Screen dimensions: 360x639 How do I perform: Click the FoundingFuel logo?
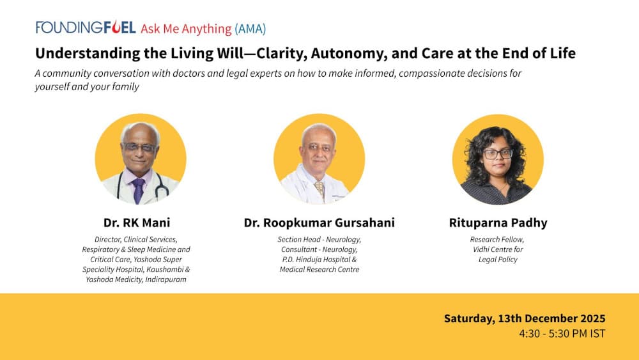pos(85,28)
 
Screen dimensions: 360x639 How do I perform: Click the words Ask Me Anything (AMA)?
pos(203,29)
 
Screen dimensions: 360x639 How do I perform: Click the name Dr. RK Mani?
pos(137,223)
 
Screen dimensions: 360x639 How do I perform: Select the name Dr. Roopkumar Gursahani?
pos(319,223)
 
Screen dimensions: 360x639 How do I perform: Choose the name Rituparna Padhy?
pos(498,223)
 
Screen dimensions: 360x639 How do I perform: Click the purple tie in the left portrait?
pos(139,190)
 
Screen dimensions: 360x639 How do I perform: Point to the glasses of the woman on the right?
pos(498,153)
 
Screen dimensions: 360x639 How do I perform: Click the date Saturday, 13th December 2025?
pos(524,318)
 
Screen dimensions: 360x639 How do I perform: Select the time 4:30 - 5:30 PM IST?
pos(562,334)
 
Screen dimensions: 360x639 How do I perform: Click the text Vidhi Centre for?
pos(498,249)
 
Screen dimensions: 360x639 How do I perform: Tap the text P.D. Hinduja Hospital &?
pos(319,260)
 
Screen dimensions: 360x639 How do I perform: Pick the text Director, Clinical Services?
pos(136,240)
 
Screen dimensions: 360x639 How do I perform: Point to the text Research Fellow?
pos(498,240)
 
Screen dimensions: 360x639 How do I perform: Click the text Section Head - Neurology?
pos(319,240)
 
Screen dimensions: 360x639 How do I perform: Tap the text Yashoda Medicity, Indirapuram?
pos(136,279)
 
